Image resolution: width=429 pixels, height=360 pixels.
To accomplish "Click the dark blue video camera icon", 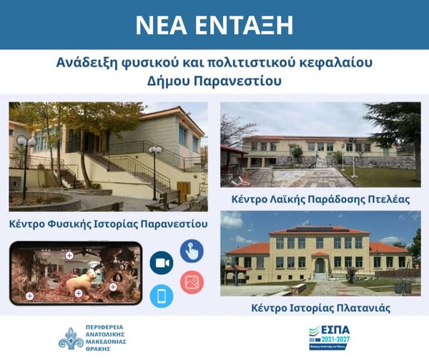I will pos(162,263).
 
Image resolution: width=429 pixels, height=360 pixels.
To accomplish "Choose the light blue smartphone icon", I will pos(162,296).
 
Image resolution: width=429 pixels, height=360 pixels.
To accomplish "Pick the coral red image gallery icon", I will pos(192,282).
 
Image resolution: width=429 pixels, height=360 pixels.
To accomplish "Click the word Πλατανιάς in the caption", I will pos(360,308).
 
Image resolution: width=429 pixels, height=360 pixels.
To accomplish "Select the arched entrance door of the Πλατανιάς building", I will pos(320,266).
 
